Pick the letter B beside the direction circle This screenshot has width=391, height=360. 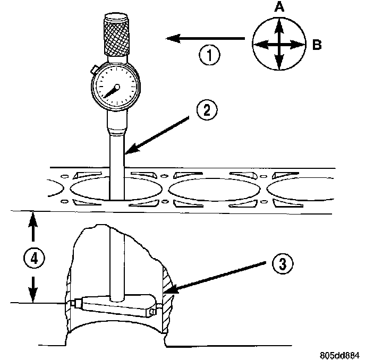(317, 45)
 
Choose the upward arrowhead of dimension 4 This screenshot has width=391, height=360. (33, 218)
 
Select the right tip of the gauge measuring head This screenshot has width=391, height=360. (156, 310)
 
